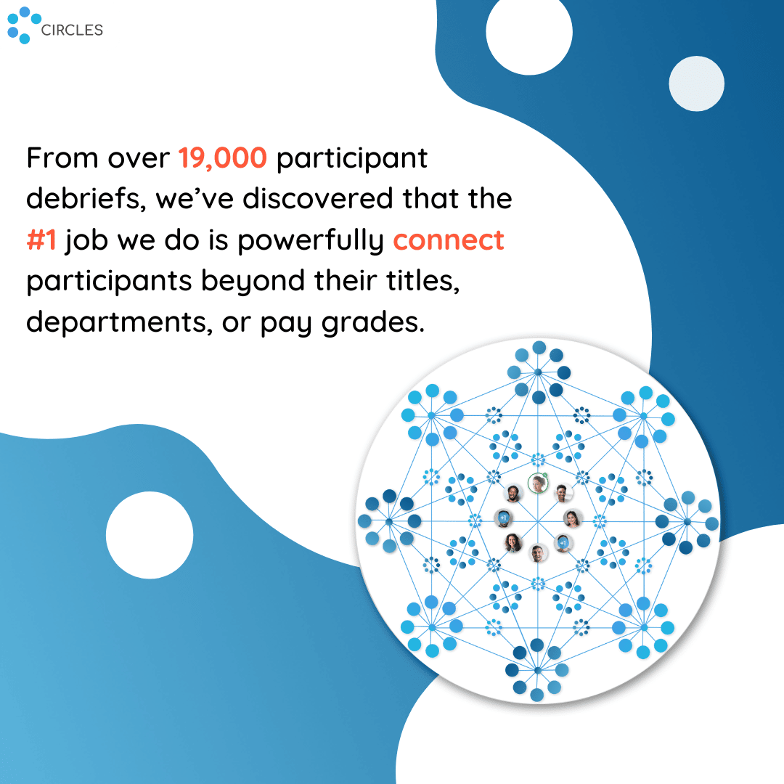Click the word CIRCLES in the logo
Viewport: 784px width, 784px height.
click(x=72, y=30)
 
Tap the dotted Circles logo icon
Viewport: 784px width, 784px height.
click(x=24, y=25)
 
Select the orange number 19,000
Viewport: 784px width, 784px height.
click(x=223, y=158)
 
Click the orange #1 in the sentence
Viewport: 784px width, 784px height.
click(x=41, y=240)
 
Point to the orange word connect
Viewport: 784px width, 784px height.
click(x=449, y=240)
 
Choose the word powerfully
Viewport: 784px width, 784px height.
click(x=311, y=241)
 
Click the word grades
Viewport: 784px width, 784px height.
click(x=373, y=323)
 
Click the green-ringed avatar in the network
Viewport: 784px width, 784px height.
click(x=538, y=483)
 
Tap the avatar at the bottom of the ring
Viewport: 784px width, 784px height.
click(x=538, y=553)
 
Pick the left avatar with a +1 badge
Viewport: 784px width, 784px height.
click(x=503, y=518)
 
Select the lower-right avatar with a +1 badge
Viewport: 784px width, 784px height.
click(x=563, y=543)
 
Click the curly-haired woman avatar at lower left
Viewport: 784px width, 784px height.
click(x=513, y=542)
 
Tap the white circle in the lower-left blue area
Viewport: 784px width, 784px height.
click(x=150, y=535)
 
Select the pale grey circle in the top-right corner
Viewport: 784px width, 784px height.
click(x=696, y=83)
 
